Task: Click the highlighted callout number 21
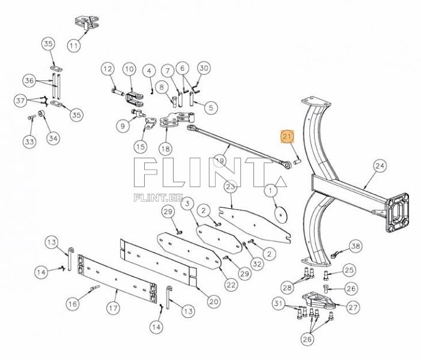[x=287, y=137]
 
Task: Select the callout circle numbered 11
[x=74, y=45]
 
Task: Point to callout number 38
[x=356, y=247]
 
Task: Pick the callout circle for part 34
[x=53, y=139]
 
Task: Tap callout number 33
[x=29, y=142]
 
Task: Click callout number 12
[x=108, y=69]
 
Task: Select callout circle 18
[x=165, y=148]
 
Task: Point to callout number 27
[x=352, y=307]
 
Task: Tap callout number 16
[x=73, y=304]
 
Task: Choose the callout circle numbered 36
[x=29, y=80]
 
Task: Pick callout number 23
[x=230, y=187]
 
